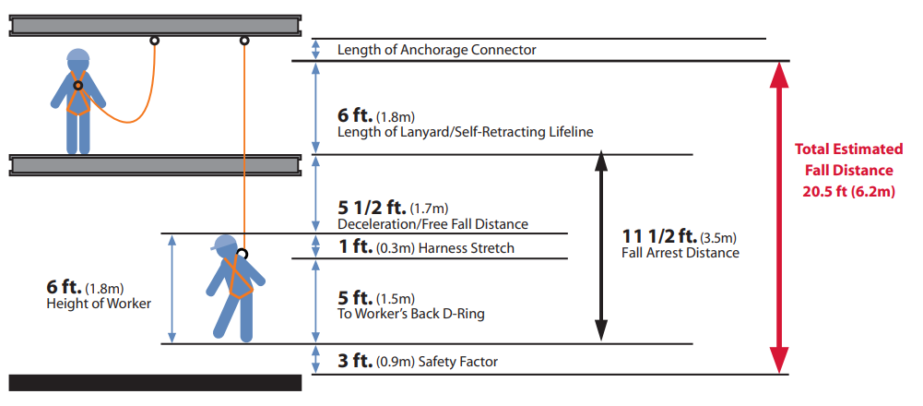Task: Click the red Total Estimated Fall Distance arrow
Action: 779,217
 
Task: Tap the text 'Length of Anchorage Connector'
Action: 436,50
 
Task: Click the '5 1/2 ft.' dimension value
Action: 374,208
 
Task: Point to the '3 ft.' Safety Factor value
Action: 354,361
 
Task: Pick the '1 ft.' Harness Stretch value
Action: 354,247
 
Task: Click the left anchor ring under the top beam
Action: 154,41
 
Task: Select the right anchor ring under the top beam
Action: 244,41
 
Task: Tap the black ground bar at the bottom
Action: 155,382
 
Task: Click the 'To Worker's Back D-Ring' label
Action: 411,315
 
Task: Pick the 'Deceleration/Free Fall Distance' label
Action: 432,224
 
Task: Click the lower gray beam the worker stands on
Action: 155,164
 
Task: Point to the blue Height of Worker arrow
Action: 172,288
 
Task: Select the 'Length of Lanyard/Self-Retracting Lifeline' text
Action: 465,133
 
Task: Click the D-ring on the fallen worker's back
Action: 242,254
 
